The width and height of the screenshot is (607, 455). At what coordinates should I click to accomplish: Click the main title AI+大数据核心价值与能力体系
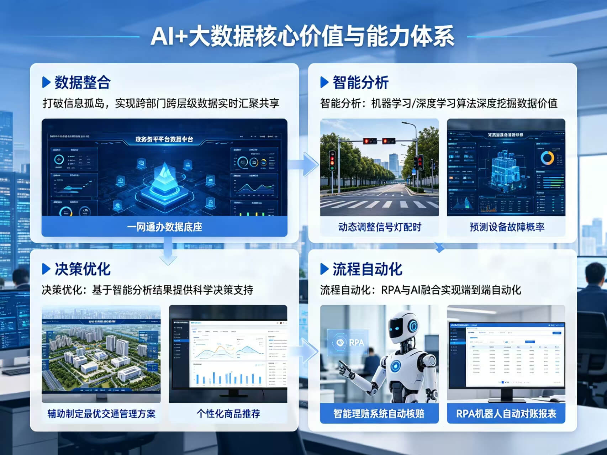point(303,36)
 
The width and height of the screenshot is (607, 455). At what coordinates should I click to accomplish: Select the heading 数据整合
point(82,83)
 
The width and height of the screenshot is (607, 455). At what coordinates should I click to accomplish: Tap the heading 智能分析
point(360,83)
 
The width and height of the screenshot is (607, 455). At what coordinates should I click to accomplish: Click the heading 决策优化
point(82,269)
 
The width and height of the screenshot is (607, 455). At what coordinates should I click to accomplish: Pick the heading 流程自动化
point(367,269)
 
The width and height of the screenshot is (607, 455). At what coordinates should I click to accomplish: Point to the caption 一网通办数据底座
point(164,227)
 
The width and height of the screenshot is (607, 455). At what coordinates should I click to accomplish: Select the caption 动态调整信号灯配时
point(379,227)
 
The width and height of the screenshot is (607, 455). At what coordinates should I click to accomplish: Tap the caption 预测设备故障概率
point(506,227)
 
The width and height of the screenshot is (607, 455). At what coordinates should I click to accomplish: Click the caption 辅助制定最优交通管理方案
point(101,414)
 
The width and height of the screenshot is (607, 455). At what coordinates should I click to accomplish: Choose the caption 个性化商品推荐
point(228,414)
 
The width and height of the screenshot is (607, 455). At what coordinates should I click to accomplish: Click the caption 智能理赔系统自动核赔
point(379,414)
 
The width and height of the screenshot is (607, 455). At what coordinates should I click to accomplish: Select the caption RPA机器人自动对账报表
point(506,414)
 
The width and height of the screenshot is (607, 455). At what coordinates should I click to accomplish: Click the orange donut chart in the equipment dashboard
point(547,158)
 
